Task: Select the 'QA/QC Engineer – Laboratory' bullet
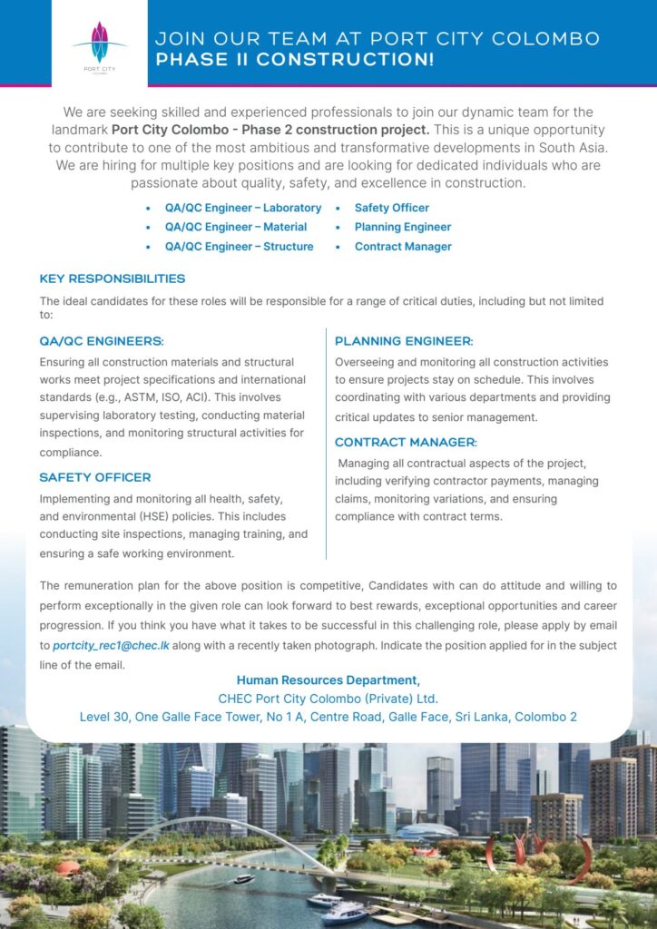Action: click(242, 208)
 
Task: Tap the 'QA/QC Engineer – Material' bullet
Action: click(235, 227)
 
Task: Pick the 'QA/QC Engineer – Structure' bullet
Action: click(239, 246)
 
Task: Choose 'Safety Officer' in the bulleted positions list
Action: click(391, 208)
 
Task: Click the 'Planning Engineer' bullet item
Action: click(402, 227)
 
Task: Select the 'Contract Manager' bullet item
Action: click(402, 246)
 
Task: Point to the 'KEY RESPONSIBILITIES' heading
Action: click(113, 279)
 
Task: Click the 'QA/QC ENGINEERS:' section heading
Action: click(102, 341)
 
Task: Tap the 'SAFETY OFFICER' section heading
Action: click(95, 477)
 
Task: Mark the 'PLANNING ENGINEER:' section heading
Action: click(404, 341)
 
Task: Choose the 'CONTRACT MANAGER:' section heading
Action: click(406, 442)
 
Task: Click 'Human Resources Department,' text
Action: click(328, 680)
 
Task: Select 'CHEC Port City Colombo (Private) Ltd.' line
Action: click(328, 699)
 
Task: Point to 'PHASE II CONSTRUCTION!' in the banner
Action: click(295, 61)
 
